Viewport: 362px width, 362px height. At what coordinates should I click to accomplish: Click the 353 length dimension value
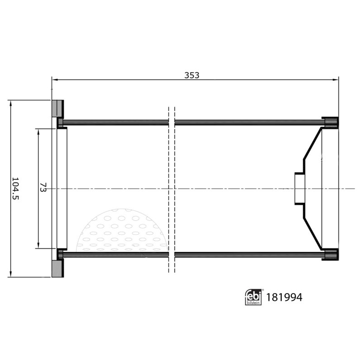point(191,75)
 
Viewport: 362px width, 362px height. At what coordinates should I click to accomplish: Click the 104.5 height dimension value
point(15,188)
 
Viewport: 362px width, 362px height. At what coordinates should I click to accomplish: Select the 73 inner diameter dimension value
point(43,187)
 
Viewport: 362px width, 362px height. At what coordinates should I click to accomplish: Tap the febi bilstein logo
point(253,297)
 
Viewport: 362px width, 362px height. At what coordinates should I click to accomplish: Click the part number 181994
point(284,297)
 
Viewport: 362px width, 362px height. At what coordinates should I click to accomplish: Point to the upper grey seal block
point(57,108)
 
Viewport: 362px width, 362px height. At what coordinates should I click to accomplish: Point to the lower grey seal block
point(57,269)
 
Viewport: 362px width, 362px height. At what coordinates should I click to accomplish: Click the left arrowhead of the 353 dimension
point(55,80)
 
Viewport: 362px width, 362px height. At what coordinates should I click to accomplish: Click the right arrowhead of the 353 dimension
point(336,80)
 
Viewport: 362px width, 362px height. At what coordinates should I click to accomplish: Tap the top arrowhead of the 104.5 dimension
point(10,103)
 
